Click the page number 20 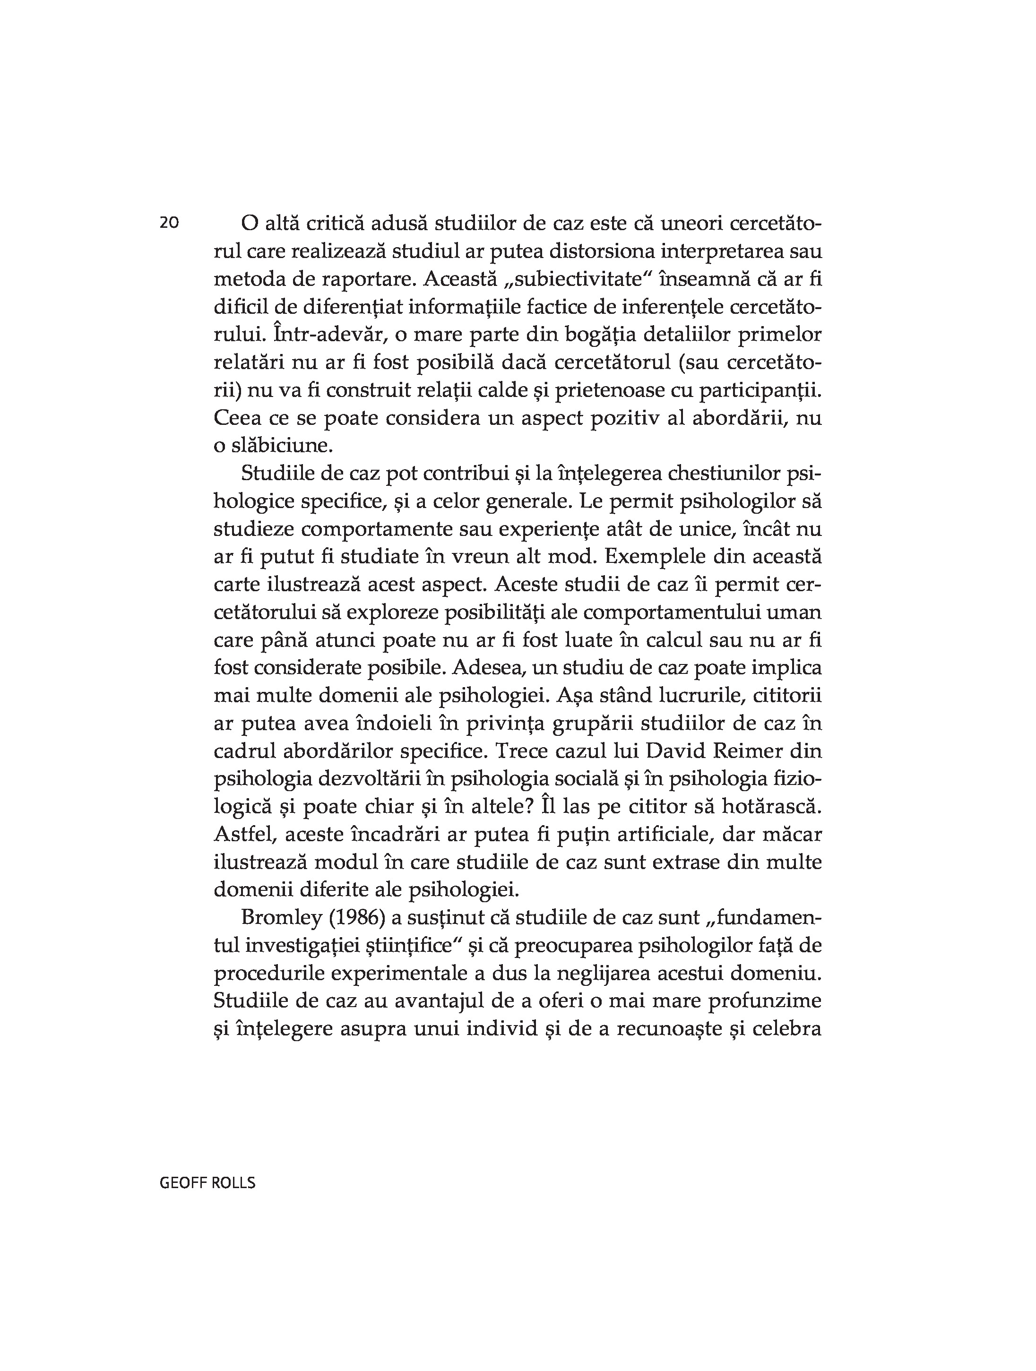pyautogui.click(x=169, y=223)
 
